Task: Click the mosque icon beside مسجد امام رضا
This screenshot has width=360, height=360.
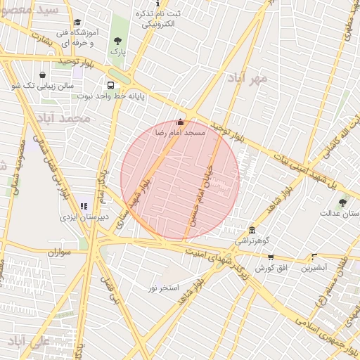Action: (x=181, y=122)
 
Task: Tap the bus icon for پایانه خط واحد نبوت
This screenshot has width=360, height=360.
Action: (x=112, y=84)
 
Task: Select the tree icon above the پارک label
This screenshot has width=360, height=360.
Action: (x=117, y=41)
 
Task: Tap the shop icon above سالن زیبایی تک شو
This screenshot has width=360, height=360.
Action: (x=43, y=75)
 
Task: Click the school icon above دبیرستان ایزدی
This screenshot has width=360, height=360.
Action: (x=84, y=207)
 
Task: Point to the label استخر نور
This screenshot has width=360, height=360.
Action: (x=164, y=288)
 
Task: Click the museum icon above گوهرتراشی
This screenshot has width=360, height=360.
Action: (x=252, y=231)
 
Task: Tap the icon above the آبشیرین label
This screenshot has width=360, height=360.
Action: (x=314, y=257)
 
